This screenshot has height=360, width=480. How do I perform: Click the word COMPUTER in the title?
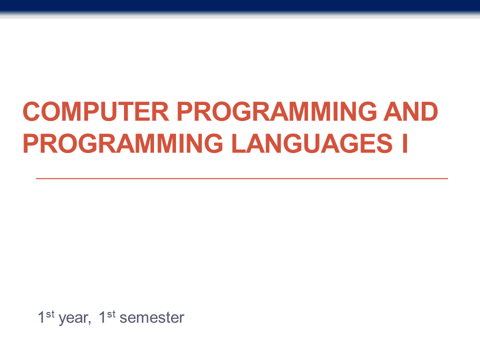coord(96,111)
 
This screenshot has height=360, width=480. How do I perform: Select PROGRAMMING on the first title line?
coord(276,111)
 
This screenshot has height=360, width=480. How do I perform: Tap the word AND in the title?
coord(410,111)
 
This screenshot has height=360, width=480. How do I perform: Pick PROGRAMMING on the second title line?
coord(123,143)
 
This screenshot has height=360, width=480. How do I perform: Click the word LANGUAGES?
coord(312,143)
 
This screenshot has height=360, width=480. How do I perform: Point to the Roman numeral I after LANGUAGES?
coord(404,143)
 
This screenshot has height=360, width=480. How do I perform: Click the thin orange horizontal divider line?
coord(242,178)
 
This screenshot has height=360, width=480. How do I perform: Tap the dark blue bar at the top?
coord(240,6)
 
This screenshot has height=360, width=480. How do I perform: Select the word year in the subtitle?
coord(73,318)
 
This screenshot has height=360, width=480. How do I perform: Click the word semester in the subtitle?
coord(152,318)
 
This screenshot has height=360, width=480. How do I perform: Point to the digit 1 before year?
coord(41,317)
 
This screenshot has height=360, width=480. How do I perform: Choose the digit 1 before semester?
coord(102,317)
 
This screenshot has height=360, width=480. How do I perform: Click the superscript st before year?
coord(50,314)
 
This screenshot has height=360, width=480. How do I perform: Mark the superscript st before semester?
coord(111,314)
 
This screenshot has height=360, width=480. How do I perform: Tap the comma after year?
coord(89,323)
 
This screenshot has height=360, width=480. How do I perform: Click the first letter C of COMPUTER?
coord(31,111)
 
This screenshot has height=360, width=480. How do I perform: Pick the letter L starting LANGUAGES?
coord(239,143)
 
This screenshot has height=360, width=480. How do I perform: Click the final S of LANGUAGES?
coord(384,143)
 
